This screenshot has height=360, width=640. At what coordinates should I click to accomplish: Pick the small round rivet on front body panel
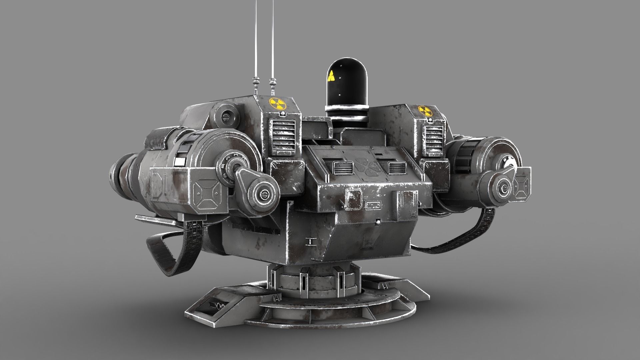coord(378,221)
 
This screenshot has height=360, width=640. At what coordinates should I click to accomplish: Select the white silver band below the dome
coord(347,109)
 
